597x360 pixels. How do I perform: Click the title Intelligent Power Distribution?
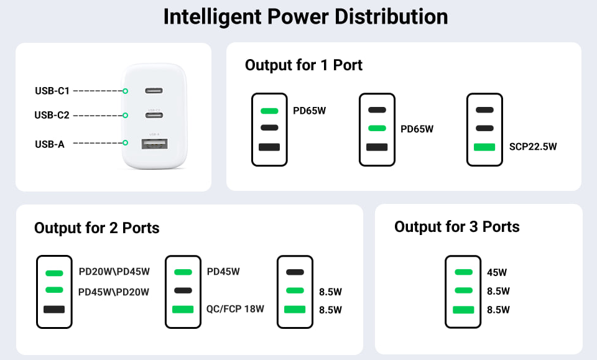click(x=305, y=17)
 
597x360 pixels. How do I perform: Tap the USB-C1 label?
click(x=52, y=91)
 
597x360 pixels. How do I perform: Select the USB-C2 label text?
click(x=52, y=115)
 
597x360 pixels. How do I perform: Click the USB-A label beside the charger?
click(x=50, y=144)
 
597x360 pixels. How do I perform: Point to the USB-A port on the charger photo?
click(x=155, y=144)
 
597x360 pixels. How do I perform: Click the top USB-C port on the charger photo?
click(x=154, y=91)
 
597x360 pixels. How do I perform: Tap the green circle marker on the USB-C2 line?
click(x=125, y=115)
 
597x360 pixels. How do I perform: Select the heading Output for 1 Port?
click(x=303, y=65)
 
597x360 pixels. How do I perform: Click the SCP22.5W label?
click(x=533, y=147)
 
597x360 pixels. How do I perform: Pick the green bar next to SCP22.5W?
click(x=484, y=147)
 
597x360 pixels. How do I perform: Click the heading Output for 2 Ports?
click(x=97, y=228)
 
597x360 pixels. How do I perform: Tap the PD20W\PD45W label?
click(x=114, y=272)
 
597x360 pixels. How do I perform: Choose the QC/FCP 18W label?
click(x=235, y=308)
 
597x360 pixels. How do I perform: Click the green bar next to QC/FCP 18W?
click(x=183, y=310)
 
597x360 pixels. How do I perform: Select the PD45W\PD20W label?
click(x=114, y=292)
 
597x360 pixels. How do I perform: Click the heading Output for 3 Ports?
click(x=457, y=227)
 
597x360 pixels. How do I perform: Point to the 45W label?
click(x=497, y=272)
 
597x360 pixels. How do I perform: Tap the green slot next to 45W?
click(x=463, y=272)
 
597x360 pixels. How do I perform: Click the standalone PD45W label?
click(x=223, y=272)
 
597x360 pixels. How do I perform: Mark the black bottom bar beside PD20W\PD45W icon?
click(x=54, y=310)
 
